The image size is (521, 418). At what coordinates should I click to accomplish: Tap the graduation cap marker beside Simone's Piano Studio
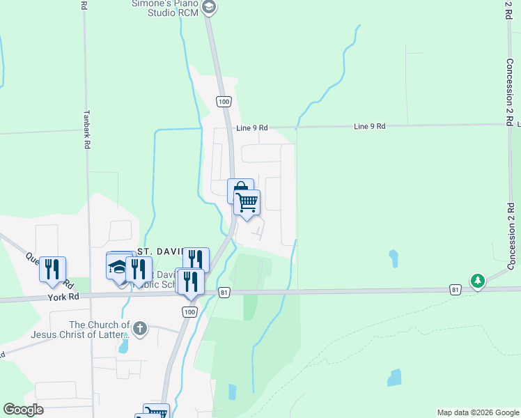[208, 8]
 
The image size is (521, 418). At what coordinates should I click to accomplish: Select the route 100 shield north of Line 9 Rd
[223, 102]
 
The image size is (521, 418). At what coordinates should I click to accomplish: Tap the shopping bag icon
[240, 189]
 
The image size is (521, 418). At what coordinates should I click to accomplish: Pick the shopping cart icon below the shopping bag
[247, 202]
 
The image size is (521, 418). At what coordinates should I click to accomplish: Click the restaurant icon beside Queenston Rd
[53, 268]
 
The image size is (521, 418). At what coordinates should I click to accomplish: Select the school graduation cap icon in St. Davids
[117, 266]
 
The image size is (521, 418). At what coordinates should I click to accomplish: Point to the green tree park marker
[477, 281]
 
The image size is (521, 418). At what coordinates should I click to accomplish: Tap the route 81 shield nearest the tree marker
[455, 288]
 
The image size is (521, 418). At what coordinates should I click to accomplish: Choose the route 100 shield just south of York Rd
[189, 312]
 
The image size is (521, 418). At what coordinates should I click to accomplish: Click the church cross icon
[139, 327]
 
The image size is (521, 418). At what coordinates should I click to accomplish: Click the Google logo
[23, 410]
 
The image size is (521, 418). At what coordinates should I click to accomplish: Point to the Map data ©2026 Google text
[477, 412]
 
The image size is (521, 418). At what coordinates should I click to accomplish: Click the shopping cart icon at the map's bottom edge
[156, 412]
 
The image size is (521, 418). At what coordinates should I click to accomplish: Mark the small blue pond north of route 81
[394, 259]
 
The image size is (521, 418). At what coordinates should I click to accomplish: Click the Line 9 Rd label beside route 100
[251, 128]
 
